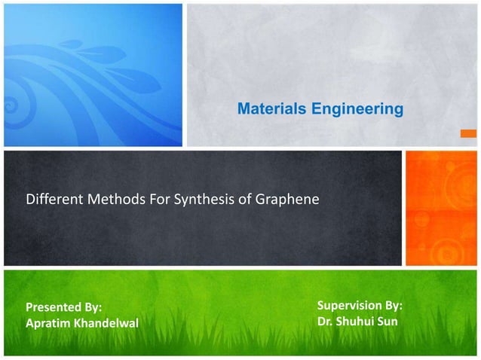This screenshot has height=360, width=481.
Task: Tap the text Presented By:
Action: click(x=63, y=307)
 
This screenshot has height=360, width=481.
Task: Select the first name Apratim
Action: click(x=48, y=324)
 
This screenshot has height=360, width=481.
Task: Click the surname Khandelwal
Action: click(x=109, y=324)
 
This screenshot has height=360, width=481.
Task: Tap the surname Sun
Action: click(x=391, y=322)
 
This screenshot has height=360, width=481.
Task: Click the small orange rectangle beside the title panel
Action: click(x=469, y=135)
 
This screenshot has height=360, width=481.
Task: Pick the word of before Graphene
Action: click(x=244, y=201)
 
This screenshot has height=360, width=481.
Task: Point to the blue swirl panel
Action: click(x=92, y=74)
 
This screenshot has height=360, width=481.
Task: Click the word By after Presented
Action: click(x=91, y=307)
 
